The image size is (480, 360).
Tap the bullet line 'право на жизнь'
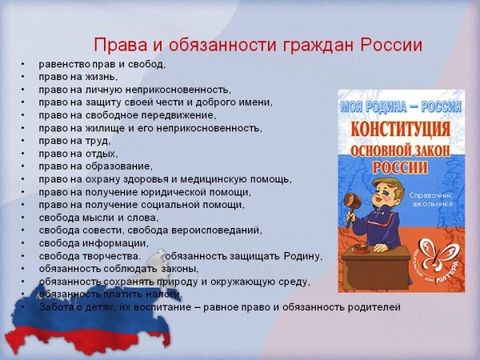click(78, 77)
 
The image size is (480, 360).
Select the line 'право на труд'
click(74, 141)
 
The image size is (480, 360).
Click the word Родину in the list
click(301, 256)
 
